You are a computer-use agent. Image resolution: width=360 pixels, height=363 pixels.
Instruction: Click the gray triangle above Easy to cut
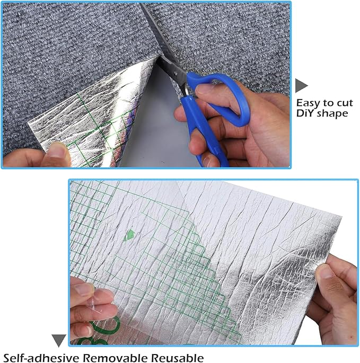301,85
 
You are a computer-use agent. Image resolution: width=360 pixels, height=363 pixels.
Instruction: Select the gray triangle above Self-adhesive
58,340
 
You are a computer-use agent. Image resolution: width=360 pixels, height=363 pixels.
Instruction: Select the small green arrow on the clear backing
129,235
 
